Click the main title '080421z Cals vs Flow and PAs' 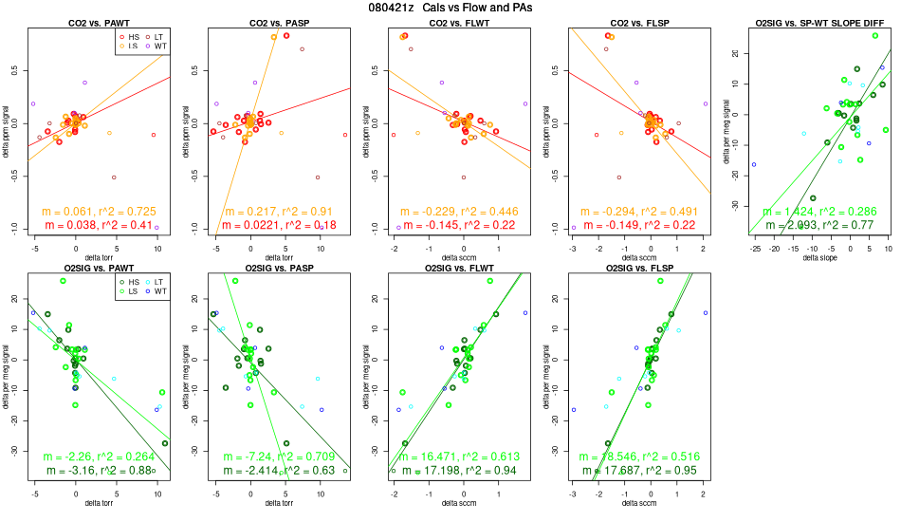450,8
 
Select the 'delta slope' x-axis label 818,258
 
